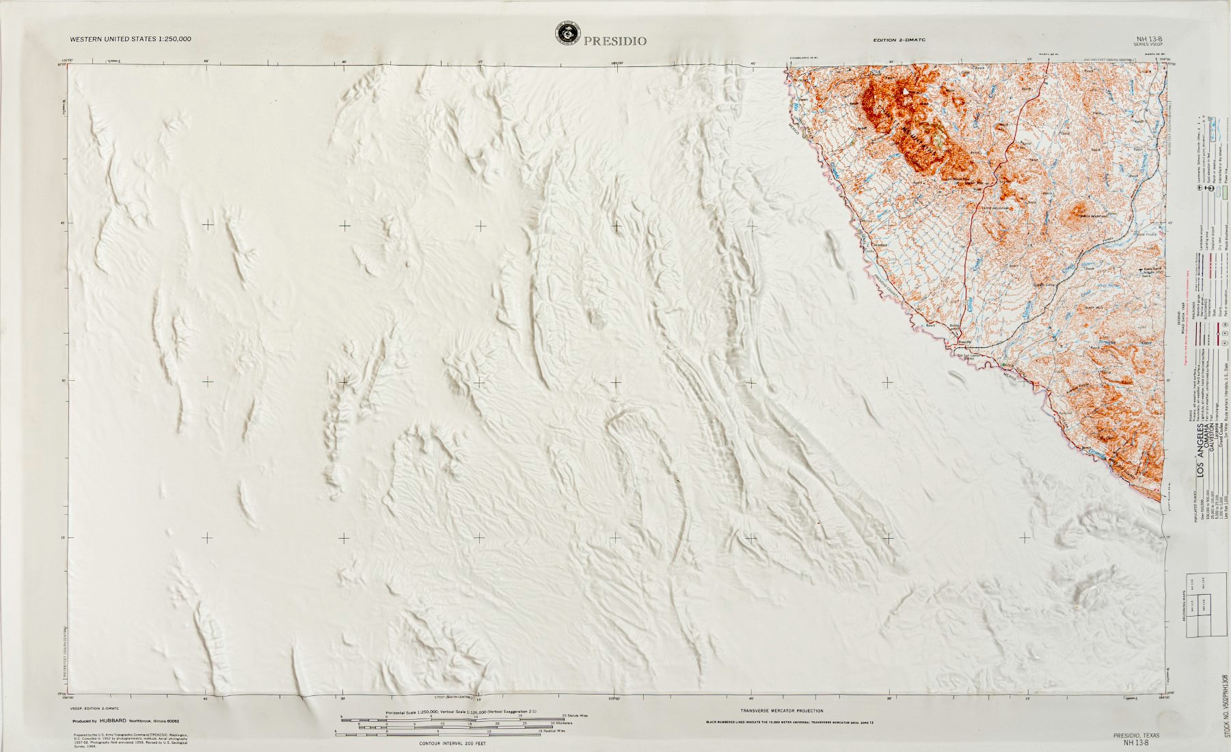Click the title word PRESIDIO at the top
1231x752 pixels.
[x=614, y=41]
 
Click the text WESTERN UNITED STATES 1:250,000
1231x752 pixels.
[x=131, y=39]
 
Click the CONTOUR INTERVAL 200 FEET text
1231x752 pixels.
[x=451, y=742]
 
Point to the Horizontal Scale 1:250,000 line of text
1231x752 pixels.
[x=461, y=712]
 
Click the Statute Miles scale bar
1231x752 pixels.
[x=451, y=718]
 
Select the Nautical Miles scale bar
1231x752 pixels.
[x=451, y=734]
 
